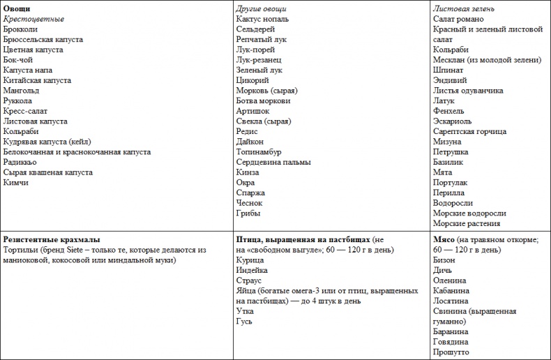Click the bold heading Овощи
[x=16, y=8]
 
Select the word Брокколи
[x=21, y=29]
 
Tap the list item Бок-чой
[x=18, y=60]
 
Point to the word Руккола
[x=19, y=100]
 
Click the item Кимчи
[x=17, y=182]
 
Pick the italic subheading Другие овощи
[x=261, y=8]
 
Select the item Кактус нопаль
[x=262, y=19]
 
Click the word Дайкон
[x=251, y=141]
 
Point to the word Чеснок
[x=250, y=203]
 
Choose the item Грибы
[x=248, y=213]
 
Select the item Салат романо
[x=458, y=19]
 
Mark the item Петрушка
[x=451, y=151]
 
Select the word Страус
[x=249, y=280]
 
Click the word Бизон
[x=444, y=260]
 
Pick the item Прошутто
[x=451, y=352]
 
